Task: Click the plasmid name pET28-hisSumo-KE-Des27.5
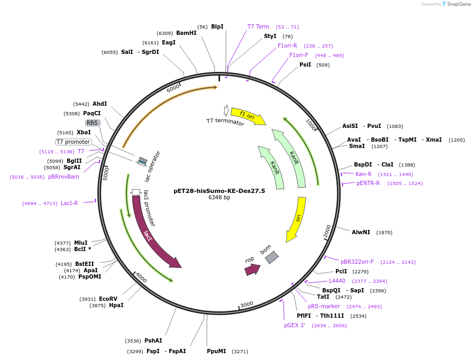click(219, 191)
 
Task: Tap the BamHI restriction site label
click(186, 33)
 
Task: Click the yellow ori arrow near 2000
click(296, 219)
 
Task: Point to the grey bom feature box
click(271, 257)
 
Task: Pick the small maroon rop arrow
click(252, 270)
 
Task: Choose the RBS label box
click(93, 123)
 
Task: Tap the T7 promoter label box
click(74, 142)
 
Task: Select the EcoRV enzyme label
click(108, 299)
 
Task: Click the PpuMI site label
click(216, 351)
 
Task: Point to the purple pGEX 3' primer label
click(295, 326)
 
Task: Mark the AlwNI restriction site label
click(361, 232)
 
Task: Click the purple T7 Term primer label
click(258, 26)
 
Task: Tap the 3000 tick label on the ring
click(247, 304)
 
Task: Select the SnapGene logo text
click(456, 4)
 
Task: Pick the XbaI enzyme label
click(84, 132)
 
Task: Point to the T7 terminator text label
click(225, 122)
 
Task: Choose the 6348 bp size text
click(219, 198)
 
